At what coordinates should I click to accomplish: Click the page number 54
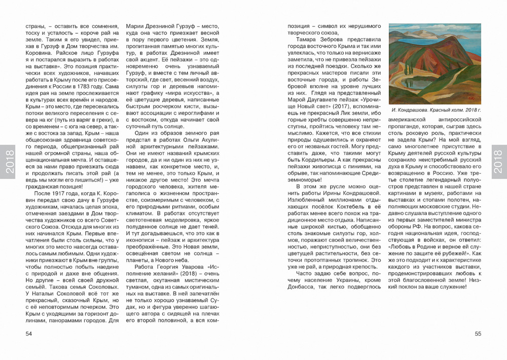pos(29,334)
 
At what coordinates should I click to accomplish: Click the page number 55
pos(478,334)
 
